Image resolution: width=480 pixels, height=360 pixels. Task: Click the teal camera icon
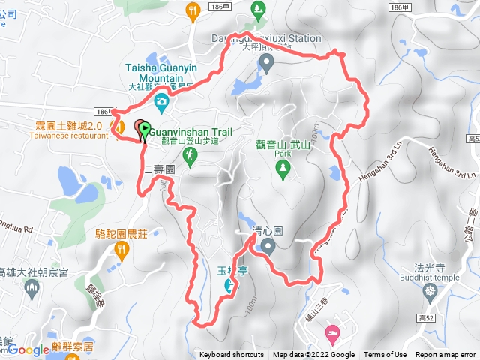coord(160,101)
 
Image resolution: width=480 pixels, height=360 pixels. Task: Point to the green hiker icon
coord(191,156)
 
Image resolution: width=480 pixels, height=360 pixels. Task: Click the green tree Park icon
coord(282,169)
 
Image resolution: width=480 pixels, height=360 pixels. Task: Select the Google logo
coord(28,349)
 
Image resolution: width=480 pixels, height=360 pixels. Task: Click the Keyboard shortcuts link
coord(232,355)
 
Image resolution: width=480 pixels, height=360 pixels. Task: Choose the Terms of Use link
coord(385,355)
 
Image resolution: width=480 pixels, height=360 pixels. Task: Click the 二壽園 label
coord(159,170)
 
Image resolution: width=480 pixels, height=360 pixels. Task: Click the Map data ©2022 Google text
coord(313,355)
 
